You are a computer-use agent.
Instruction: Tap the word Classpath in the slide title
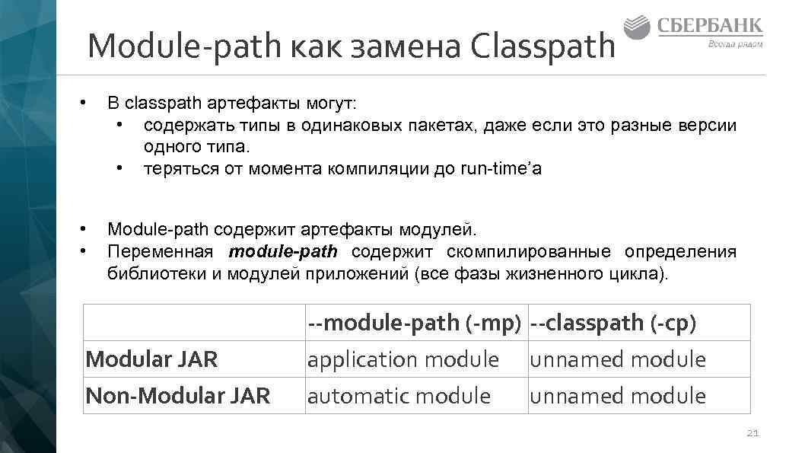coord(542,46)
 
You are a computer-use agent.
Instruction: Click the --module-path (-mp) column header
coord(414,323)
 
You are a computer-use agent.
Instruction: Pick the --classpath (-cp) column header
coord(613,323)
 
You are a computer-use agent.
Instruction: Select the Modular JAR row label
coord(152,359)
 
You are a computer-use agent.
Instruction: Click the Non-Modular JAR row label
coord(178,396)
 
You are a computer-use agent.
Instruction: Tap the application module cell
coord(403,359)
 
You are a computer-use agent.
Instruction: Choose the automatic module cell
coord(399,396)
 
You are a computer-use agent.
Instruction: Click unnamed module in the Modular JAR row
coord(618,359)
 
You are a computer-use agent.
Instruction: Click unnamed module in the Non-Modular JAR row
coord(618,396)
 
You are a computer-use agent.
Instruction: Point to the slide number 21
coord(752,433)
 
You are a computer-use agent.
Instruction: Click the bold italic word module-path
coord(283,252)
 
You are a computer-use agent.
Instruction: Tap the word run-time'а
coord(501,168)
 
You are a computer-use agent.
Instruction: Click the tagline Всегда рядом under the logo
coord(736,44)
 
